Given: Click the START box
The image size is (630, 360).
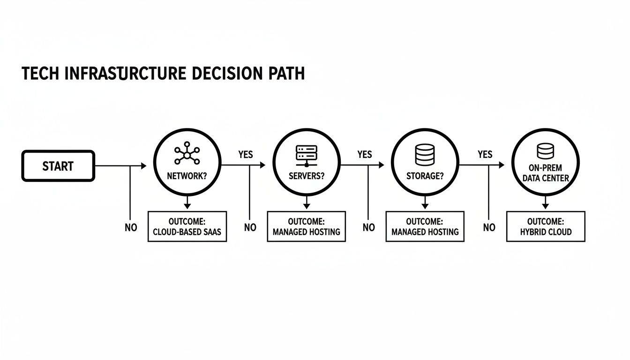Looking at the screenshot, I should point(58,166).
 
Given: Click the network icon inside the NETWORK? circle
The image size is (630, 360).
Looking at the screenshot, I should point(187,155).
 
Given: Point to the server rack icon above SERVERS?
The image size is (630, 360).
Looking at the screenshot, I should point(306,155).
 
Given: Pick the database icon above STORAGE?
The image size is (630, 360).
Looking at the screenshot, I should point(425,154).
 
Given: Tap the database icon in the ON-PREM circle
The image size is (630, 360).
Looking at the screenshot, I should point(545,151).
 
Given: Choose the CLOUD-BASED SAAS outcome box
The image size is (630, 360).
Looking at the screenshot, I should point(187,226).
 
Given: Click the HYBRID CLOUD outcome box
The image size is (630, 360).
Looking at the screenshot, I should point(546,226).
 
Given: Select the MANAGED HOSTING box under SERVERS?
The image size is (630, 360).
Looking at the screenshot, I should point(306,226).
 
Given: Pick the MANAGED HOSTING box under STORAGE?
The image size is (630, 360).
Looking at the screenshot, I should point(425,226).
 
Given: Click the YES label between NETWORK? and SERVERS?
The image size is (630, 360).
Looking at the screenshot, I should point(246,155).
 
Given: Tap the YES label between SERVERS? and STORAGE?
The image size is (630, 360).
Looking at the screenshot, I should point(364,155).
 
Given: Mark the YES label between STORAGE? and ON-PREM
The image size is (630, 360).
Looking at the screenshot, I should point(485,154).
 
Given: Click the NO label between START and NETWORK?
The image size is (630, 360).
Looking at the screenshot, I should point(131,228).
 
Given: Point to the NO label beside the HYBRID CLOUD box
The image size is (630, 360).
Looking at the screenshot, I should point(489,228).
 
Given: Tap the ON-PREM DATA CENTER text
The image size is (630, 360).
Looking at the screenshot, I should point(546,173).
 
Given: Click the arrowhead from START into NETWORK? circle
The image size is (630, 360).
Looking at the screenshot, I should point(143,165).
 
